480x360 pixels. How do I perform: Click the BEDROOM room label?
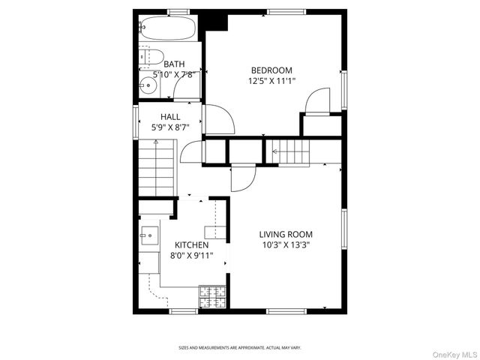point(270,70)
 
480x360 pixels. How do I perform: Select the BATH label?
point(174,64)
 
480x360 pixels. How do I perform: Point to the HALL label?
point(170,117)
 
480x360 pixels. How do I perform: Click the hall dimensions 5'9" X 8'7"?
point(170,127)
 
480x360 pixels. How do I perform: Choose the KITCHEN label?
point(191,245)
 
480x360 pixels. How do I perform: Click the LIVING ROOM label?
point(286,234)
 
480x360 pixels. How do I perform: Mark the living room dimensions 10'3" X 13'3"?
point(286,244)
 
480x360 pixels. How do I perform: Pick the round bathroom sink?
point(147,85)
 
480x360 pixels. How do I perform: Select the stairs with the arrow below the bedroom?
point(290,151)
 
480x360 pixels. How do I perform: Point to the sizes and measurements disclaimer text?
point(239,348)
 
